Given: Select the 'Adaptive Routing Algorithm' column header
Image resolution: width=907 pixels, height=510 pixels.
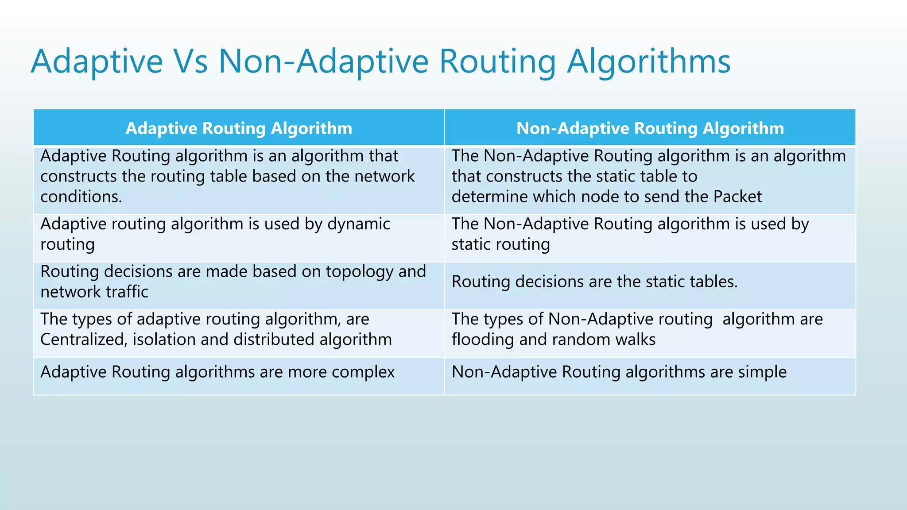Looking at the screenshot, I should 239,128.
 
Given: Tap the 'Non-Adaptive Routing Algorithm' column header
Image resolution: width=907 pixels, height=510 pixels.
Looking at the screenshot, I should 650,128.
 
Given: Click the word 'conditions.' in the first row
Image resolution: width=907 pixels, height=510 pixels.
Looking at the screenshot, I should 81,197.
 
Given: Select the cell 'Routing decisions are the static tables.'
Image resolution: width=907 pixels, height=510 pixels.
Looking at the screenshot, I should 594,282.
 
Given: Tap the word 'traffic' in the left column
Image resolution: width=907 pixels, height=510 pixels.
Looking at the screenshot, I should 128,292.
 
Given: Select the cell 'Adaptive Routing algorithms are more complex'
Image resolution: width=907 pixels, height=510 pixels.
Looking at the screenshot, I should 217,372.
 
